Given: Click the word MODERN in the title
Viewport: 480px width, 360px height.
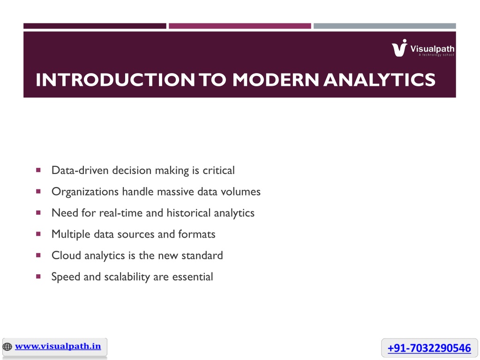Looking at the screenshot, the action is tap(276, 80).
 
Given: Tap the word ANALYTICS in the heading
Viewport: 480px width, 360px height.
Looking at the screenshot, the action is tap(379, 80).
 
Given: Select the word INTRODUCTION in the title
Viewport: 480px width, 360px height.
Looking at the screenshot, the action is tap(115, 80).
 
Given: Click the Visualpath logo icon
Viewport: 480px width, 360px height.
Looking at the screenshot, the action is tap(399, 48).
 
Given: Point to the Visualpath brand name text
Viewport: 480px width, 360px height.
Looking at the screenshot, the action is tap(432, 49).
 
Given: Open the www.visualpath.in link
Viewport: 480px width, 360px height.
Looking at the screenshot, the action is tap(58, 346).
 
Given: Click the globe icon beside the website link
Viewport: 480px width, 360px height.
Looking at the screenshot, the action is tap(7, 346).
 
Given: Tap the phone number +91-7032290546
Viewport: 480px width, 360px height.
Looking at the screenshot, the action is tap(429, 348).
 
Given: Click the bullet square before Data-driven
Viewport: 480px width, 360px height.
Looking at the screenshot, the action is tap(38, 170).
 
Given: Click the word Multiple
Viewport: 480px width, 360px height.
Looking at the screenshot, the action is tap(71, 234).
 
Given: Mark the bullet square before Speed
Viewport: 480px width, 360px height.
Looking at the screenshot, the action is tap(38, 277).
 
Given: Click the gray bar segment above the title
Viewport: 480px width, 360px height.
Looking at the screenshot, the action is tap(385, 26).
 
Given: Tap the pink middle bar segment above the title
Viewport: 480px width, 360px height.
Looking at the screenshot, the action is tap(240, 26).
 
